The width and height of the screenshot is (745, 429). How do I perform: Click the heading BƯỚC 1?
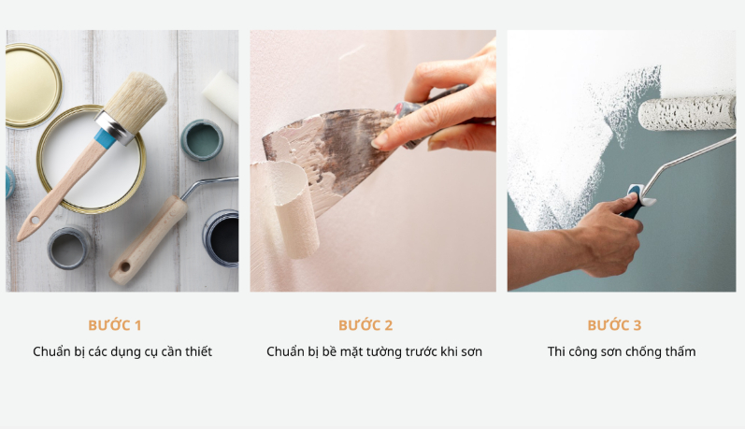tap(114, 325)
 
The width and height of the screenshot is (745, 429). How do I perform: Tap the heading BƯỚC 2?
tap(365, 325)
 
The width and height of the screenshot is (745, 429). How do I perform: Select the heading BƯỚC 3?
tap(614, 325)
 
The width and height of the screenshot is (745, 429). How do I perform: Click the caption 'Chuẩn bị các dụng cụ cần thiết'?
tap(122, 351)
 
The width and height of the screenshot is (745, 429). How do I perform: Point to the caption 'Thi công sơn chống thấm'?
tap(622, 351)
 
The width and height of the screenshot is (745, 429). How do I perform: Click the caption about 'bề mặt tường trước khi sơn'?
tap(375, 351)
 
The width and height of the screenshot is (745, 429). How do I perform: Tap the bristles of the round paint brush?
tap(136, 96)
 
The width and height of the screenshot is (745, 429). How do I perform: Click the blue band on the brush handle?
tap(105, 137)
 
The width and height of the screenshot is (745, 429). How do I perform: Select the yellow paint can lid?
tap(33, 86)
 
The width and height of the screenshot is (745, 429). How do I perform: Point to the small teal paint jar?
tap(202, 139)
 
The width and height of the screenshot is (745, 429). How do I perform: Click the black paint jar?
tap(222, 238)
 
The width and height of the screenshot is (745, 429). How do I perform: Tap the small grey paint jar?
tap(69, 248)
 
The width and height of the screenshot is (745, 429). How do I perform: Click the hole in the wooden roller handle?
tap(124, 266)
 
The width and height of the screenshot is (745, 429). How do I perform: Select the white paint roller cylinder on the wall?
tap(687, 112)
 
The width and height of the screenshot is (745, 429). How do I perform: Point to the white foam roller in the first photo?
tap(222, 96)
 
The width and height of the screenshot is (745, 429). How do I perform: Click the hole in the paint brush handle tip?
tap(35, 221)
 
